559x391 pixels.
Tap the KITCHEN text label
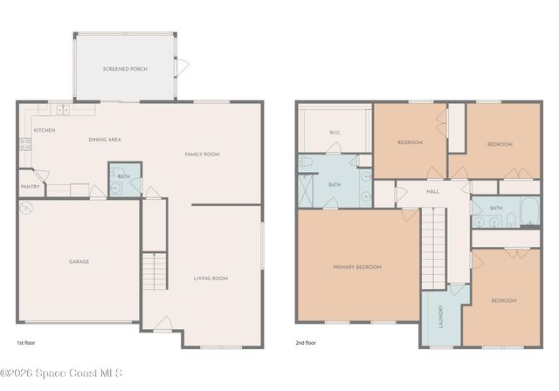45,130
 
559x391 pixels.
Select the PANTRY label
30,186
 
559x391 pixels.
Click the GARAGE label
79,261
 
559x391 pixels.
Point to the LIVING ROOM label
210,278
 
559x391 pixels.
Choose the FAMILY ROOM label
202,154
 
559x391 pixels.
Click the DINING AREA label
104,140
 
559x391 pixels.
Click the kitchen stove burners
25,145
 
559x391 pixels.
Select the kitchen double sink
62,110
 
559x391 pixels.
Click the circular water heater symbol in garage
27,209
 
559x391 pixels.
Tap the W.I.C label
335,133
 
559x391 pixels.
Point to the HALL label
432,191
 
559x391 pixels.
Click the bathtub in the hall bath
528,209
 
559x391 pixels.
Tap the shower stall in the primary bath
306,191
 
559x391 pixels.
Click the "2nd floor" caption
306,343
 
